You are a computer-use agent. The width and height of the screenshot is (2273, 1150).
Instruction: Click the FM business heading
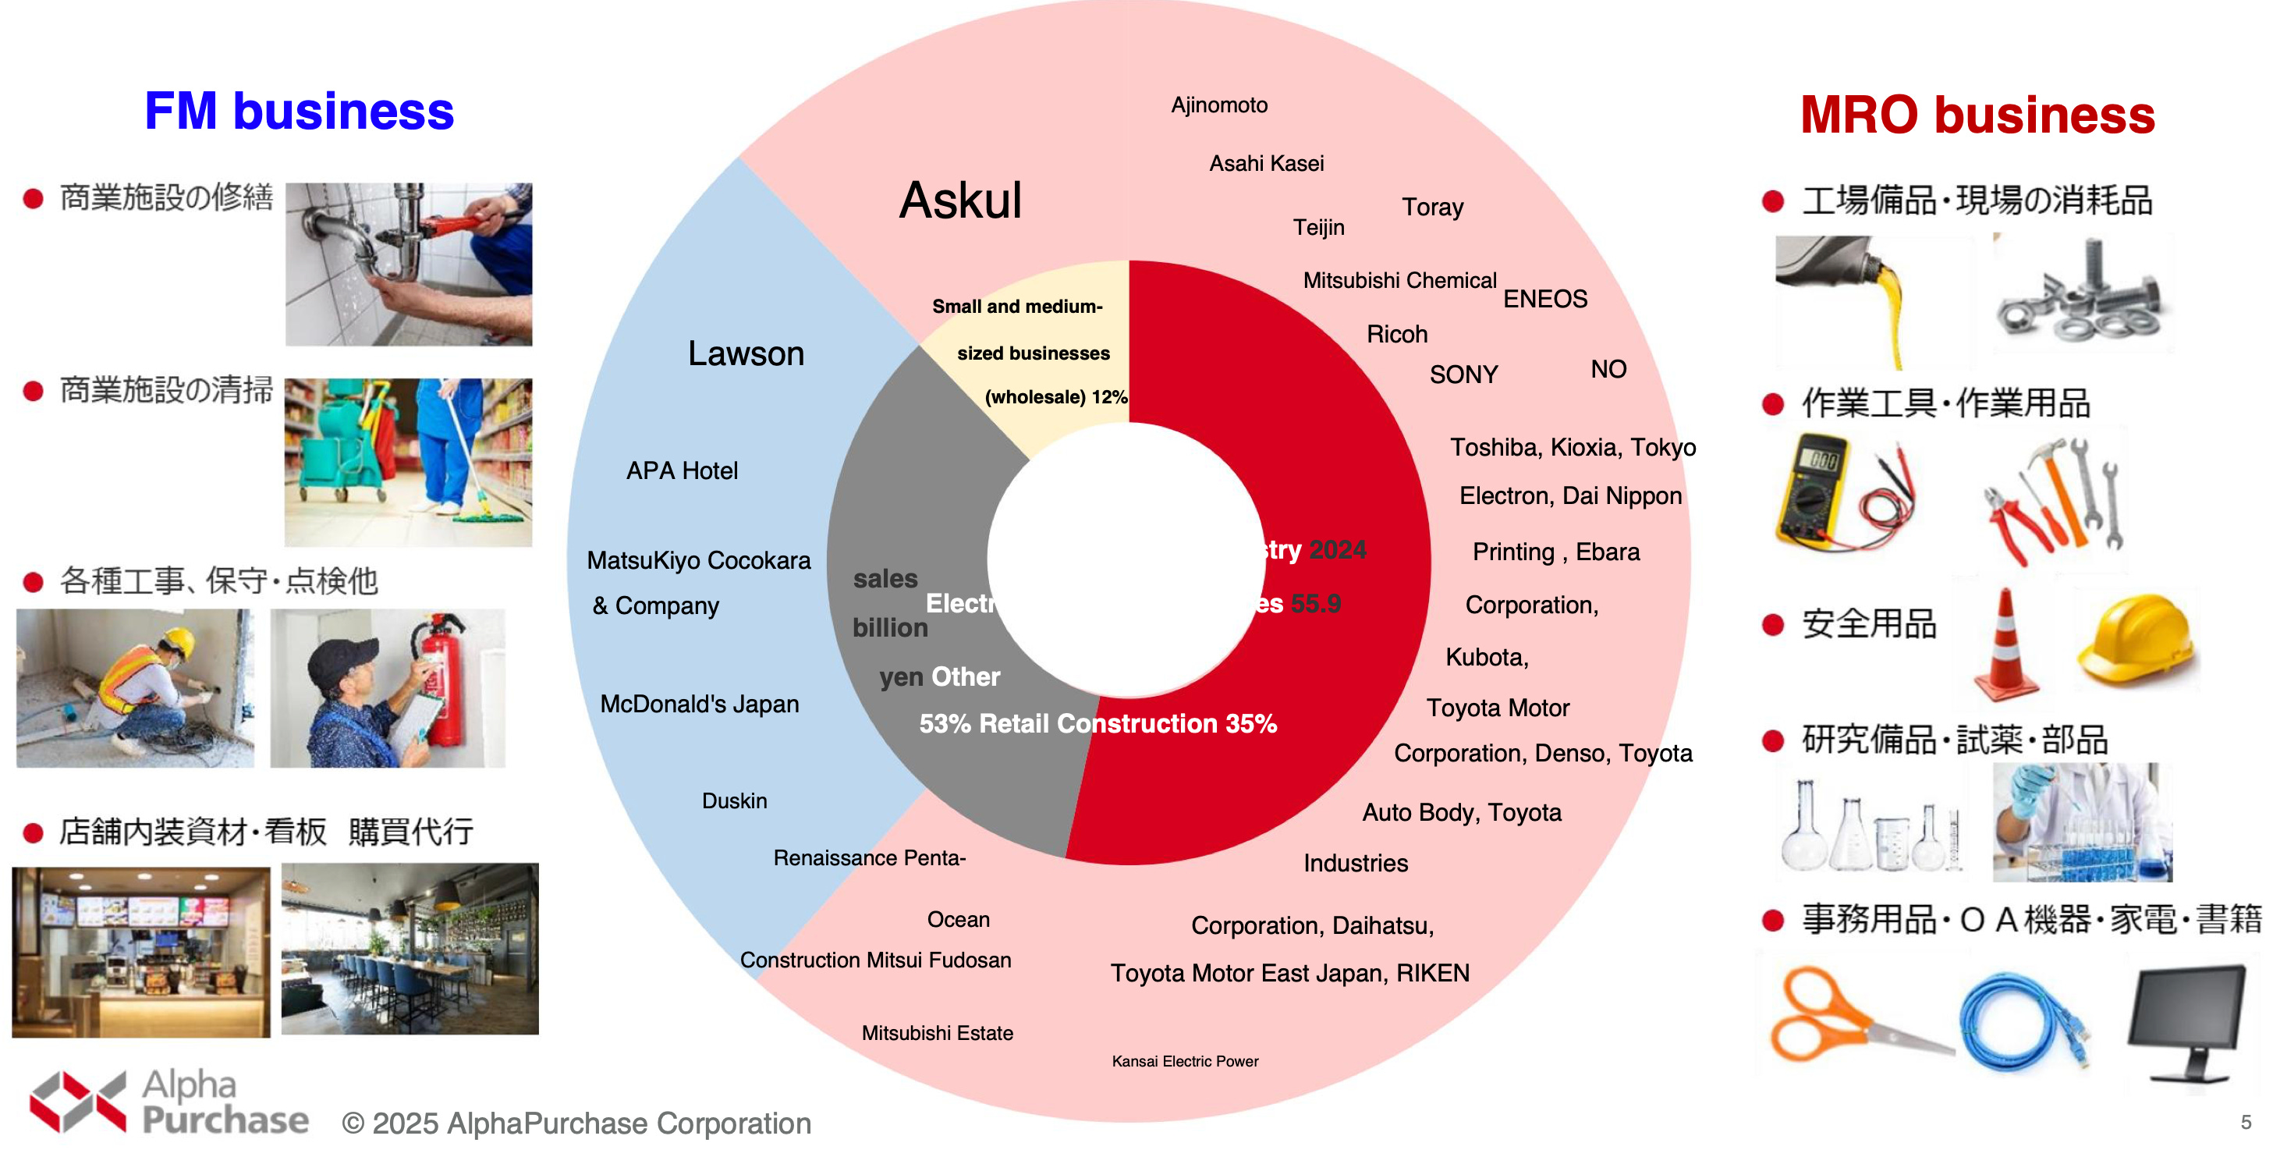point(298,112)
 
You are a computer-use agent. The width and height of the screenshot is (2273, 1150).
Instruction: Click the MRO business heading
point(1977,115)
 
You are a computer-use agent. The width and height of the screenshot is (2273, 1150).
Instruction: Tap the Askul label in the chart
point(960,201)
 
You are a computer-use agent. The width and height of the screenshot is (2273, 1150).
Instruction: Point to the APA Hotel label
point(681,470)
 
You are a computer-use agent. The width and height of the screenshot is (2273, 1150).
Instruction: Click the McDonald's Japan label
point(699,704)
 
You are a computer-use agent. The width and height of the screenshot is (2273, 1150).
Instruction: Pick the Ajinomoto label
point(1218,105)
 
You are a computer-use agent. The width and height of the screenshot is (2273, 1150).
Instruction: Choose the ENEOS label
point(1544,299)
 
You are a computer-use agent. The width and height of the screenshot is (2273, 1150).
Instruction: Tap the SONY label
point(1463,374)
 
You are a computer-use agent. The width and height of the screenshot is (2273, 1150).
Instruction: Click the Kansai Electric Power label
point(1184,1061)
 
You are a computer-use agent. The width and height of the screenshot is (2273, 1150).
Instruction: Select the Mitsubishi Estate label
point(936,1033)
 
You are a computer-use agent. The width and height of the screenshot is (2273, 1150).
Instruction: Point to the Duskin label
point(734,800)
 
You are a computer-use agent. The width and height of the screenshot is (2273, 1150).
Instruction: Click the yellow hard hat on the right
point(2138,640)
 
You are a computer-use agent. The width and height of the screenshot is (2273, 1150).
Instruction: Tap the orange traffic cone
point(2005,648)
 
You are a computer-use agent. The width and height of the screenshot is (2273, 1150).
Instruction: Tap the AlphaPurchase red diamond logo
point(78,1101)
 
